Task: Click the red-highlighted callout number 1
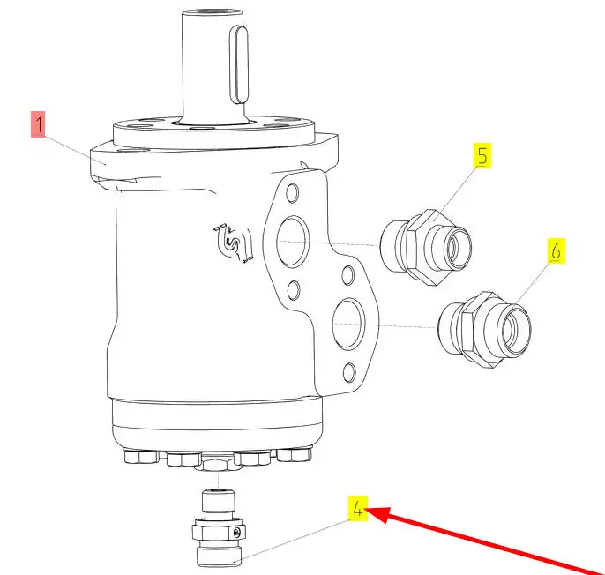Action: tap(38, 124)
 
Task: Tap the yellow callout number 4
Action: tap(358, 508)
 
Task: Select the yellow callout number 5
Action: tap(482, 156)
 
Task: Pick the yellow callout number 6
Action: tap(556, 250)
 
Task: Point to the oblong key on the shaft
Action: tap(239, 64)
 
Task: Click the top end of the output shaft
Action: tap(213, 12)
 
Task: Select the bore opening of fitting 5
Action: tap(459, 248)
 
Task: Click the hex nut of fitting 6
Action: tap(483, 330)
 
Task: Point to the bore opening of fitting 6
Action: tap(516, 330)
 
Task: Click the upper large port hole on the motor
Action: tap(293, 242)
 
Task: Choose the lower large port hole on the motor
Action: tap(348, 325)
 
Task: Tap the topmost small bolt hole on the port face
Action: tap(293, 193)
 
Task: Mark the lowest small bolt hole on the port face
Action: tap(349, 372)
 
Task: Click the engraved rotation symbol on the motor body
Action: tap(233, 243)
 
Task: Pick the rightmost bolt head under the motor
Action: tap(295, 454)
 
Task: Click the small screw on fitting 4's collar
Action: tap(237, 533)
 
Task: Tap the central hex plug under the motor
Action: tap(219, 461)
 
